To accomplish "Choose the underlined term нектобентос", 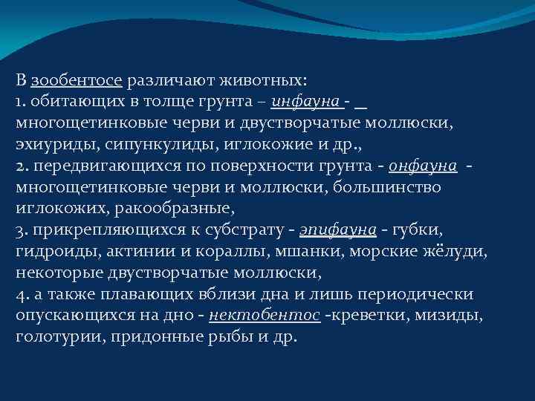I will pos(265,316).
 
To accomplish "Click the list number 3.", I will pos(19,230).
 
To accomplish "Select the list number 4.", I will pos(19,294).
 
